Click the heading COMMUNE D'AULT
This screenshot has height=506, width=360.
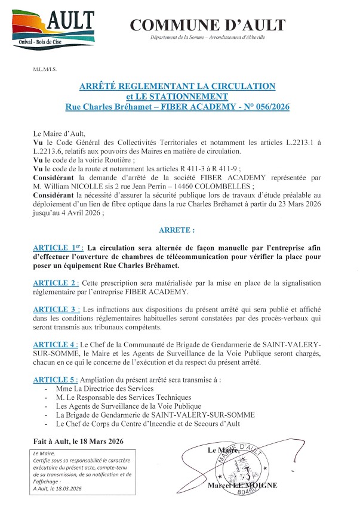208,25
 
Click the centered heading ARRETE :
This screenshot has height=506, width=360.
177,229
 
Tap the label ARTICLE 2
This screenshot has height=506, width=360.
57,282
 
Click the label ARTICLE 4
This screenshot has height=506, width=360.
57,345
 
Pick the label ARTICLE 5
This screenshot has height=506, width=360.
57,380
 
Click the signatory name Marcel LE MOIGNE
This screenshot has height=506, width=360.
243,486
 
